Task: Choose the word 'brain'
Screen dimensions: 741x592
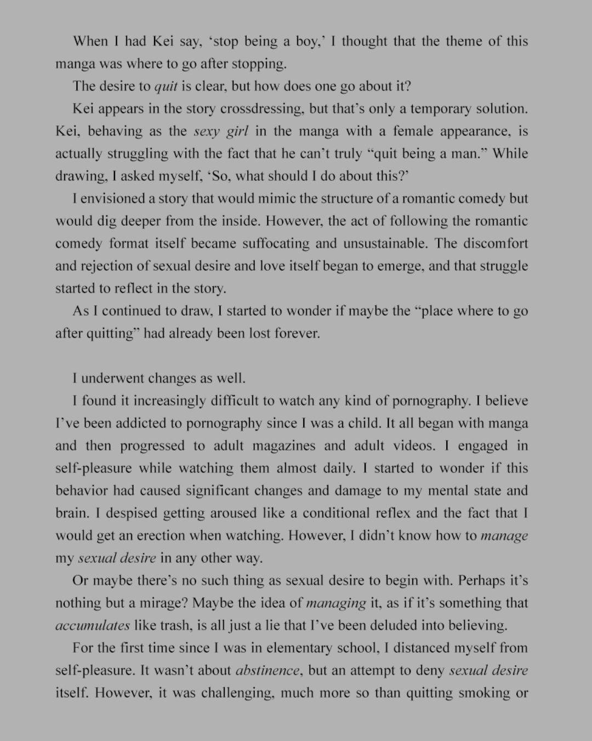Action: pos(71,514)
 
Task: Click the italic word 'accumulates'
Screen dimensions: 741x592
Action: pos(93,626)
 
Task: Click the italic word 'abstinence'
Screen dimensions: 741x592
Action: pos(267,671)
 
